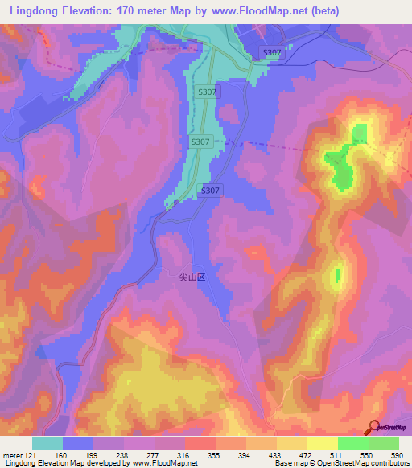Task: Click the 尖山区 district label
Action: [x=192, y=277]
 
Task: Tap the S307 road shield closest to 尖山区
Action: [x=209, y=190]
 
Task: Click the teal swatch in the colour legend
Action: [x=47, y=443]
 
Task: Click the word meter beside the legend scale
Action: [x=11, y=455]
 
